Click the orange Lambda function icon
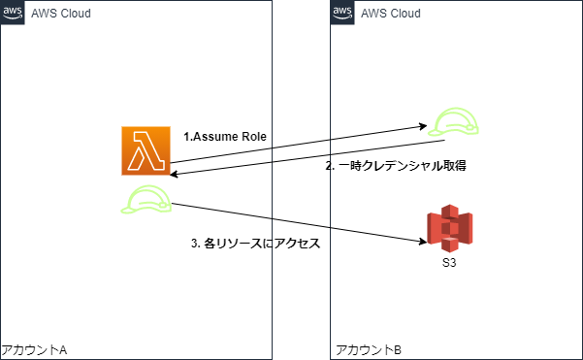coord(146,150)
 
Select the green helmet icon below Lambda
coord(146,199)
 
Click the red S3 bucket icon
coord(449,226)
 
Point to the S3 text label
coord(448,262)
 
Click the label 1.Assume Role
coord(225,137)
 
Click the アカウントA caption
coord(34,348)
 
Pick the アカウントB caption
coord(366,348)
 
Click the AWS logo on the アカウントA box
coord(13,13)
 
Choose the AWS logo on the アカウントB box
coord(341,13)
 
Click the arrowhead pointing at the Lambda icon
coord(175,175)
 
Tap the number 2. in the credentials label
coord(329,166)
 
